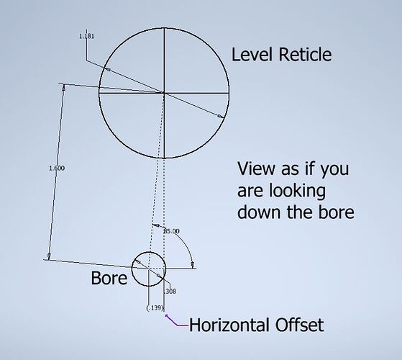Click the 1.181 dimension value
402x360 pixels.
click(x=86, y=36)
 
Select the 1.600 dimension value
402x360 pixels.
click(x=57, y=168)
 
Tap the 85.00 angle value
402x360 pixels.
click(x=172, y=231)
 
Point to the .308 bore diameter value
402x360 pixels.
click(x=170, y=291)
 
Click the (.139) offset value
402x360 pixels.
click(x=155, y=308)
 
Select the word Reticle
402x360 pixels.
click(x=305, y=55)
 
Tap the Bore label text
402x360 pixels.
click(x=109, y=278)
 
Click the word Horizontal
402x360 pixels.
click(x=229, y=325)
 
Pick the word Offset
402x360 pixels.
click(x=299, y=325)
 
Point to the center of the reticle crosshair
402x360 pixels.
click(x=164, y=93)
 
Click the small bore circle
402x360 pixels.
click(x=132, y=269)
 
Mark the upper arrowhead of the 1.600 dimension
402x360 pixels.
click(x=63, y=86)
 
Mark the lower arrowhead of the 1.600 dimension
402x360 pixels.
click(x=49, y=256)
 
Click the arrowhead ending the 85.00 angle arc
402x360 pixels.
click(x=193, y=265)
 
